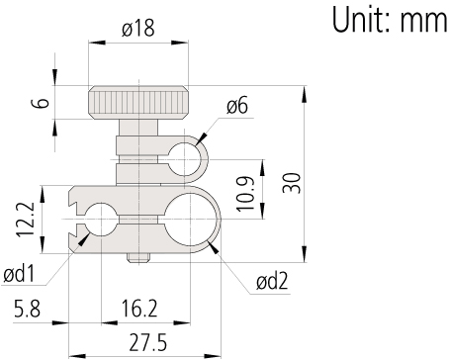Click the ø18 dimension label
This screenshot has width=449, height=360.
point(138,28)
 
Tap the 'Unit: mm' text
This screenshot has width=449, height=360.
point(390,19)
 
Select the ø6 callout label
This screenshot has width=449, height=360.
point(237,106)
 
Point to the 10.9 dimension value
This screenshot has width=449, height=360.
point(246,193)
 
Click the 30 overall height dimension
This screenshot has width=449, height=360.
point(292,183)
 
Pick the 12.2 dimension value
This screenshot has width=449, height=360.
point(26,220)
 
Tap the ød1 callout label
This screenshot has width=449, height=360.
point(19,274)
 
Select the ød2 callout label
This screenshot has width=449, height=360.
point(272,282)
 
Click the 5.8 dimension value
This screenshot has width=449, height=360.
point(27,309)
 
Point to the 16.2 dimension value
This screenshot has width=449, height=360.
point(139,309)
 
